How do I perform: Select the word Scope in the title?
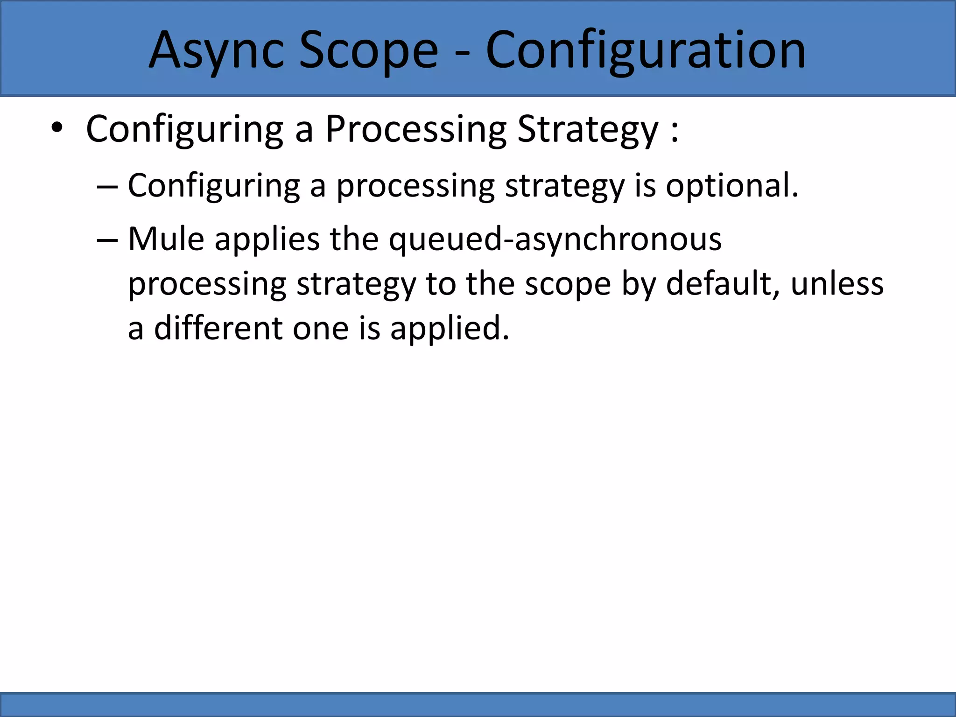368,50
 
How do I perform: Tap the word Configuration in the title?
646,50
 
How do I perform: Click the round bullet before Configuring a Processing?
57,129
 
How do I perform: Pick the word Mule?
166,239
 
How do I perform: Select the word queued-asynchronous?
555,239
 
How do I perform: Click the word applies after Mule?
267,239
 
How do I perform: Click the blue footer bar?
478,705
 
